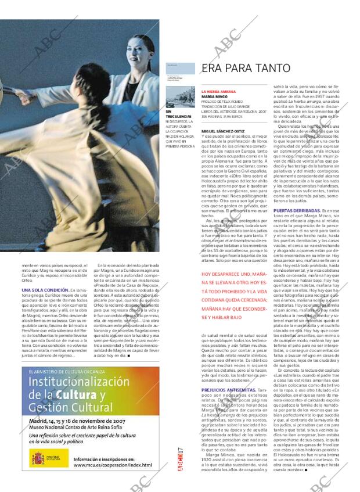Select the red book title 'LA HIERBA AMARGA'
tap(218, 92)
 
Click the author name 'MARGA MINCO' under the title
tap(214, 97)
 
